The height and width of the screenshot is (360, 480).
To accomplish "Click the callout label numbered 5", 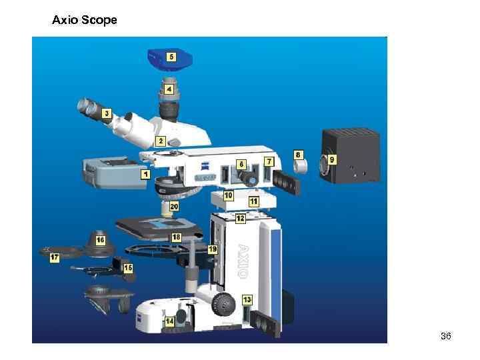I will [171, 57].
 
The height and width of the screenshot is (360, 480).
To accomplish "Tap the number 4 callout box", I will [169, 89].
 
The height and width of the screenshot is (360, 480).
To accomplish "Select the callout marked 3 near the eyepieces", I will [106, 114].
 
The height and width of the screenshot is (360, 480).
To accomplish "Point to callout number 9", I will [332, 159].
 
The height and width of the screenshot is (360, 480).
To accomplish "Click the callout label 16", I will [100, 239].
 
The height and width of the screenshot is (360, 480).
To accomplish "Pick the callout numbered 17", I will [55, 257].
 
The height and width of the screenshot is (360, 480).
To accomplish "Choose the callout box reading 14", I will [169, 321].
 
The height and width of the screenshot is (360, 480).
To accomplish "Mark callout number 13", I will [247, 299].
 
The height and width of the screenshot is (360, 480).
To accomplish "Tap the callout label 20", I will [174, 207].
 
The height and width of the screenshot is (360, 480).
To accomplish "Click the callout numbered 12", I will [239, 218].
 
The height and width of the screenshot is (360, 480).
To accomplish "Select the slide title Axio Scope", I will [85, 21].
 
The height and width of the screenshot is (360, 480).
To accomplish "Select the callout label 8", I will [299, 154].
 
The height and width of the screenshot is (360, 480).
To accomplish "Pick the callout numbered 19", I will [213, 249].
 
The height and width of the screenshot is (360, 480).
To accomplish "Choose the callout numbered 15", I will [127, 267].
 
